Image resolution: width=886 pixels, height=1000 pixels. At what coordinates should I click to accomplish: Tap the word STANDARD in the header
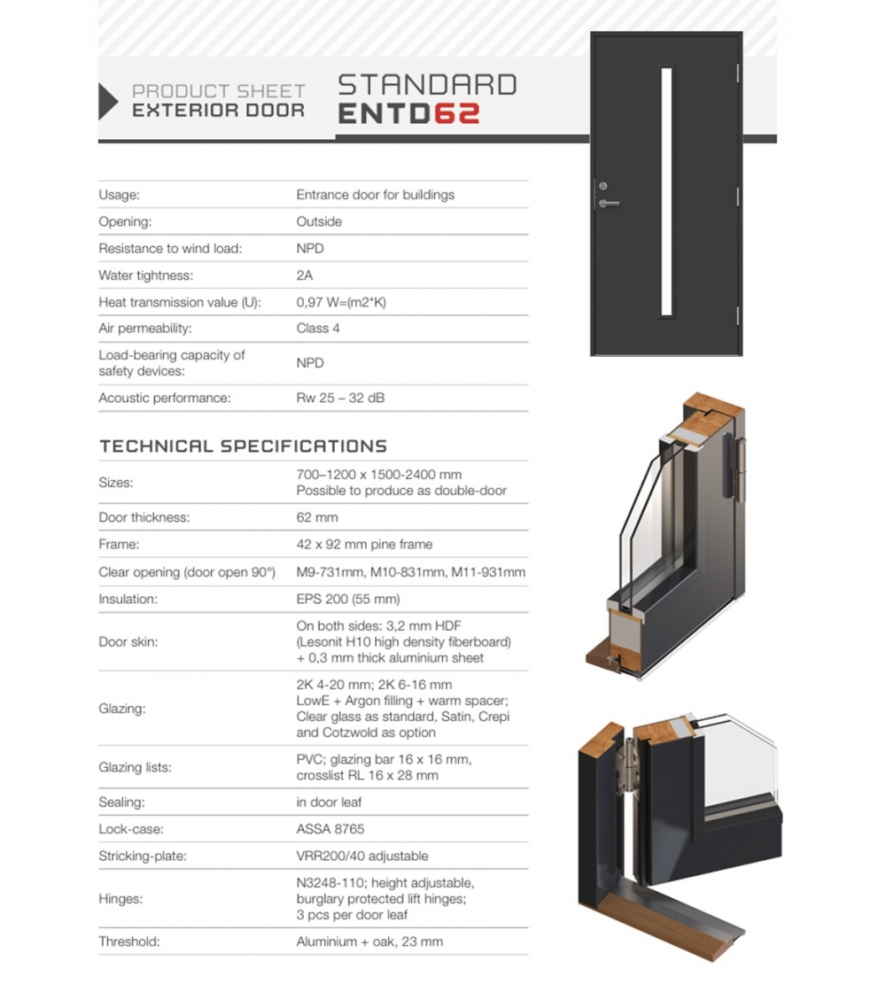coord(427,85)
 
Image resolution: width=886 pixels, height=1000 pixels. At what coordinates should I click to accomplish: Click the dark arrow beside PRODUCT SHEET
coord(107,101)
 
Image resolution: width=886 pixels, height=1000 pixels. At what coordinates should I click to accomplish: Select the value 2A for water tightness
coord(305,275)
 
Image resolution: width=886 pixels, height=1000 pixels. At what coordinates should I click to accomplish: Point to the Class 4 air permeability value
coord(318,329)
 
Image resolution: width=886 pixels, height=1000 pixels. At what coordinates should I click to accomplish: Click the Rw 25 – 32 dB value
coord(340,399)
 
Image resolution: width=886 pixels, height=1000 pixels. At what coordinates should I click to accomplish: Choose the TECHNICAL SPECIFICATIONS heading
coord(243,446)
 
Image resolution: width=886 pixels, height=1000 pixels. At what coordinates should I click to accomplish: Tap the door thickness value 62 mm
coord(316,517)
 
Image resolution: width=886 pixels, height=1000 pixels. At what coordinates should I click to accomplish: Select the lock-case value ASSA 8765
coord(330,830)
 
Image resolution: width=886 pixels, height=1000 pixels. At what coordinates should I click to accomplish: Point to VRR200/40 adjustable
coord(361,857)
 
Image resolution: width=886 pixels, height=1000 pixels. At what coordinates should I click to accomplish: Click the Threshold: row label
coord(129,942)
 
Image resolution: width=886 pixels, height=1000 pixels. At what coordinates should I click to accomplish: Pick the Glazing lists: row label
coord(135,767)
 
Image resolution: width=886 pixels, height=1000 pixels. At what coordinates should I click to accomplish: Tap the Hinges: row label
coord(120,899)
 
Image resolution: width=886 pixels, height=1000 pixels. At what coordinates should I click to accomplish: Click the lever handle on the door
coord(609,204)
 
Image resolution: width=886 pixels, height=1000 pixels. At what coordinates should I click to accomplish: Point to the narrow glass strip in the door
coord(666,191)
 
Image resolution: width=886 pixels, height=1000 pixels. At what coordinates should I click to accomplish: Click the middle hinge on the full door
coord(737,194)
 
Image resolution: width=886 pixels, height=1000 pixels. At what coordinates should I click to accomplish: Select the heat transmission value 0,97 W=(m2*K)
coord(341,302)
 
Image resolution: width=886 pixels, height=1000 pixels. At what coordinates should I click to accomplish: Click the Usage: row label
coord(120,195)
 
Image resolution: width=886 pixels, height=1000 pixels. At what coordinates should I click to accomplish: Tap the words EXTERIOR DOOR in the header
coord(218,111)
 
